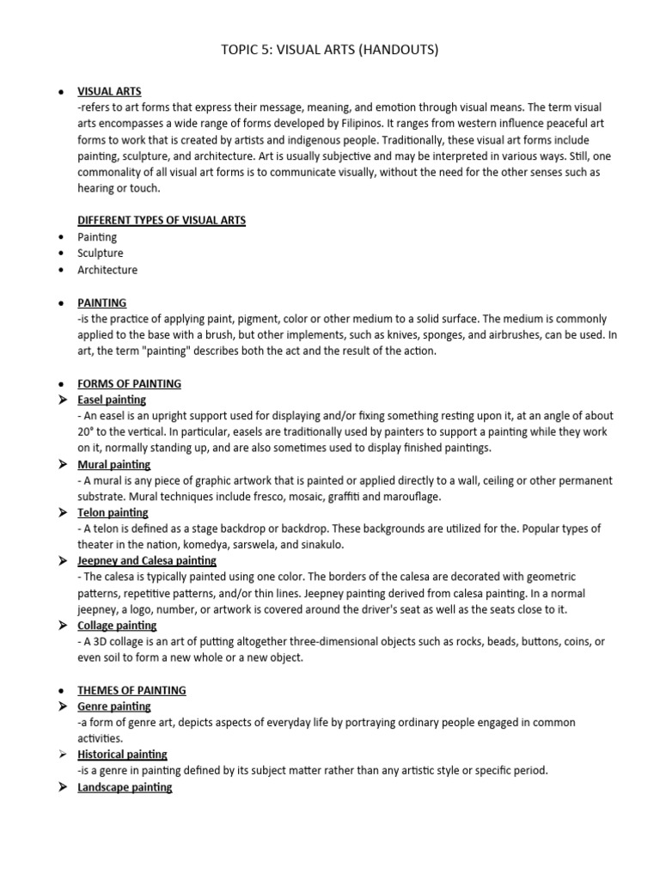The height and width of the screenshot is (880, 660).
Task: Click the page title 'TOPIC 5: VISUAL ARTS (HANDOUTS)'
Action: tap(329, 50)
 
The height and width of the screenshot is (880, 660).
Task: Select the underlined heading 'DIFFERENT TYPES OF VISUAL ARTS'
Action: tap(162, 220)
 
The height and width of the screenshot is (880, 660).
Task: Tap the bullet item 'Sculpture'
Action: tap(101, 254)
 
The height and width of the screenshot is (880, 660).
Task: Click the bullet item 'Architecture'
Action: tap(107, 270)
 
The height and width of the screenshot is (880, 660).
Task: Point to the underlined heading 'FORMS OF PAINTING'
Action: tap(129, 383)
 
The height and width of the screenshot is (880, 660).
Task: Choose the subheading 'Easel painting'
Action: tap(112, 400)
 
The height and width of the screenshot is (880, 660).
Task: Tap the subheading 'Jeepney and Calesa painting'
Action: tap(147, 560)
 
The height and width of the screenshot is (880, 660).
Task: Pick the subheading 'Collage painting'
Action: tap(117, 626)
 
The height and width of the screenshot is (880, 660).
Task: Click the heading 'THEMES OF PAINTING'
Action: tap(131, 690)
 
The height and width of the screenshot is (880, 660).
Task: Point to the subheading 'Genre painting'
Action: tap(114, 706)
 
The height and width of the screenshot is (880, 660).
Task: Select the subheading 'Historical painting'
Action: tap(122, 755)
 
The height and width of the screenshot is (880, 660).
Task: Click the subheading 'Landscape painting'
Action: tap(125, 787)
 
